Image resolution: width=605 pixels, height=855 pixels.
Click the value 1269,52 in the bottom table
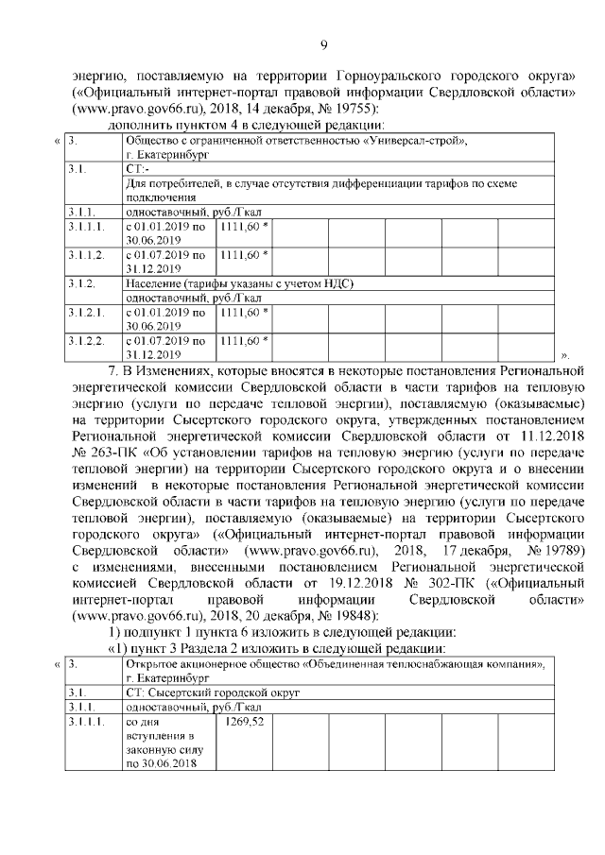pos(245,722)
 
